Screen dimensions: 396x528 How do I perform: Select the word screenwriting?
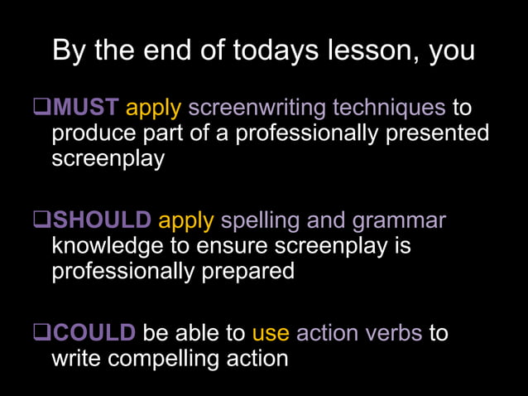tap(257, 108)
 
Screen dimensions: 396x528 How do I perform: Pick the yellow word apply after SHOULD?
tap(186, 220)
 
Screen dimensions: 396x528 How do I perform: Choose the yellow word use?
tap(271, 333)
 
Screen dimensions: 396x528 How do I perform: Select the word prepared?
tap(248, 273)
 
